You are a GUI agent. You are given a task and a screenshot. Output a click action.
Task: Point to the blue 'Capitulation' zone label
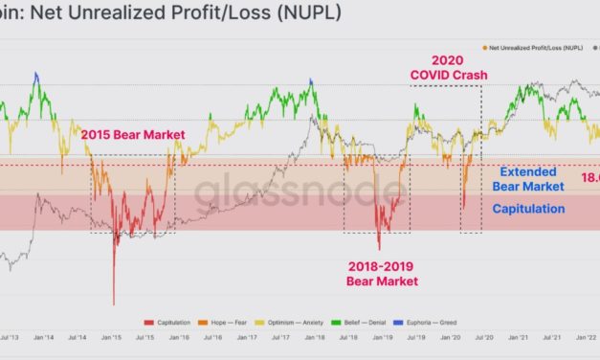528,208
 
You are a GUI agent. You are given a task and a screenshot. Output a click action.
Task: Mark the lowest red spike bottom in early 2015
113,304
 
